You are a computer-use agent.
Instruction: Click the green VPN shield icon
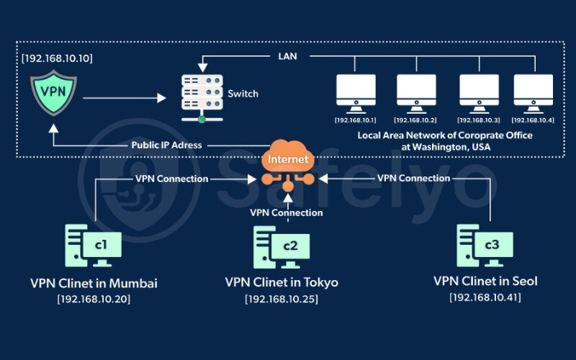tap(52, 94)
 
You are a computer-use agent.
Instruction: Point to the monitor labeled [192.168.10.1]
tap(356, 94)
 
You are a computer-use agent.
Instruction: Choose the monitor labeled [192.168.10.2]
tap(415, 94)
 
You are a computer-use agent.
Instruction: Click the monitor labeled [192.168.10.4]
tap(534, 94)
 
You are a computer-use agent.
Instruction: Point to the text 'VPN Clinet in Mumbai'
tap(94, 283)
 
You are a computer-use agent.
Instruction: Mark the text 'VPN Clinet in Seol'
tap(485, 282)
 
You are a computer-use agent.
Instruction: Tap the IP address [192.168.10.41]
tap(485, 297)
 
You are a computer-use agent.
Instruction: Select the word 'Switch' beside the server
tap(242, 94)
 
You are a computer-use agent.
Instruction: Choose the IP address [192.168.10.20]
tap(94, 298)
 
